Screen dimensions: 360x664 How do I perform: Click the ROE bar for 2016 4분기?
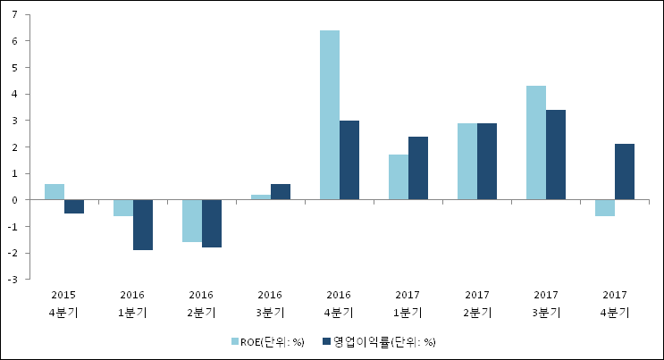tap(330, 115)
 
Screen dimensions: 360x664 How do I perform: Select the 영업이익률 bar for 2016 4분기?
tap(349, 161)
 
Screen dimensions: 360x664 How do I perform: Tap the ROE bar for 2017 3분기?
tap(536, 143)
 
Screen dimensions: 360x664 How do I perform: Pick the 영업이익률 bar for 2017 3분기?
tap(556, 155)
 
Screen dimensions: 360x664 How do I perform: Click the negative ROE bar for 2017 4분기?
tap(605, 208)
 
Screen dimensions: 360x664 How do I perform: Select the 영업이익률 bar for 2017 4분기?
tap(625, 172)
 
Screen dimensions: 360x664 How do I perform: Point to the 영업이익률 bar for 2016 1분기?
tap(143, 225)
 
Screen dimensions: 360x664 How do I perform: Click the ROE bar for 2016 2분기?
tap(192, 221)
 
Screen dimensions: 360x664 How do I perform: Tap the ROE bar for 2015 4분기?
tap(55, 192)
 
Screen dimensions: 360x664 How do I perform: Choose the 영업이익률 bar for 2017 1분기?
tap(418, 169)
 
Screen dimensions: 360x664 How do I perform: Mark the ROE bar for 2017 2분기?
tap(467, 162)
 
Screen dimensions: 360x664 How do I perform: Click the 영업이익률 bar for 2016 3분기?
tap(281, 192)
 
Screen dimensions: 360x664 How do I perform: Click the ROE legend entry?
tap(268, 341)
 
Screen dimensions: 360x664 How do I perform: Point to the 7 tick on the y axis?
tap(15, 14)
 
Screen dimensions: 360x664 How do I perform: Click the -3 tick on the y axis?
tap(13, 280)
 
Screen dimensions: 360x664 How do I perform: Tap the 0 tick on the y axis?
tap(15, 200)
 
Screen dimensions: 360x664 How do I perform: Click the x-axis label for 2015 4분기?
tap(63, 304)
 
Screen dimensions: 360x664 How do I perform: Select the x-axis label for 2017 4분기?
tap(615, 304)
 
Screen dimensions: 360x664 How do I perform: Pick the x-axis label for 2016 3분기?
tap(270, 304)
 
